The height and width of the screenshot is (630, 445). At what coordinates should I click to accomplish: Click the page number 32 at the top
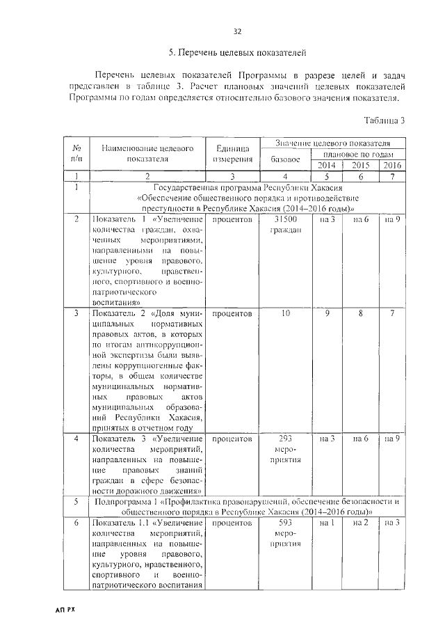pyautogui.click(x=237, y=31)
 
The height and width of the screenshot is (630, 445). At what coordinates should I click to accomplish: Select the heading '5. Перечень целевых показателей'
pyautogui.click(x=237, y=53)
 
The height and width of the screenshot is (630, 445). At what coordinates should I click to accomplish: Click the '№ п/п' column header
pyautogui.click(x=74, y=153)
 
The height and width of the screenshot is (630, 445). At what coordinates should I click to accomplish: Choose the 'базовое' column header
pyautogui.click(x=284, y=159)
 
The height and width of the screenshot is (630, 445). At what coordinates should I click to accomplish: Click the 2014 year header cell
pyautogui.click(x=327, y=165)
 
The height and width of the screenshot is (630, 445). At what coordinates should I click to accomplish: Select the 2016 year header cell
pyautogui.click(x=391, y=165)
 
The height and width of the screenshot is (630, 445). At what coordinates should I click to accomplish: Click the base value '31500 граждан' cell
pyautogui.click(x=284, y=226)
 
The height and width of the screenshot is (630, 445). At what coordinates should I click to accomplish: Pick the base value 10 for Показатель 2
pyautogui.click(x=284, y=314)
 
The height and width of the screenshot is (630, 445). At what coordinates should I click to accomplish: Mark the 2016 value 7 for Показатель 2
pyautogui.click(x=391, y=314)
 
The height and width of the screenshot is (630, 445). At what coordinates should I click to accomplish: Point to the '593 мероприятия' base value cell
pyautogui.click(x=284, y=533)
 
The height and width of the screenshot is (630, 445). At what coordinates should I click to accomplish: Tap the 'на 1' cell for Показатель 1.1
pyautogui.click(x=327, y=522)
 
